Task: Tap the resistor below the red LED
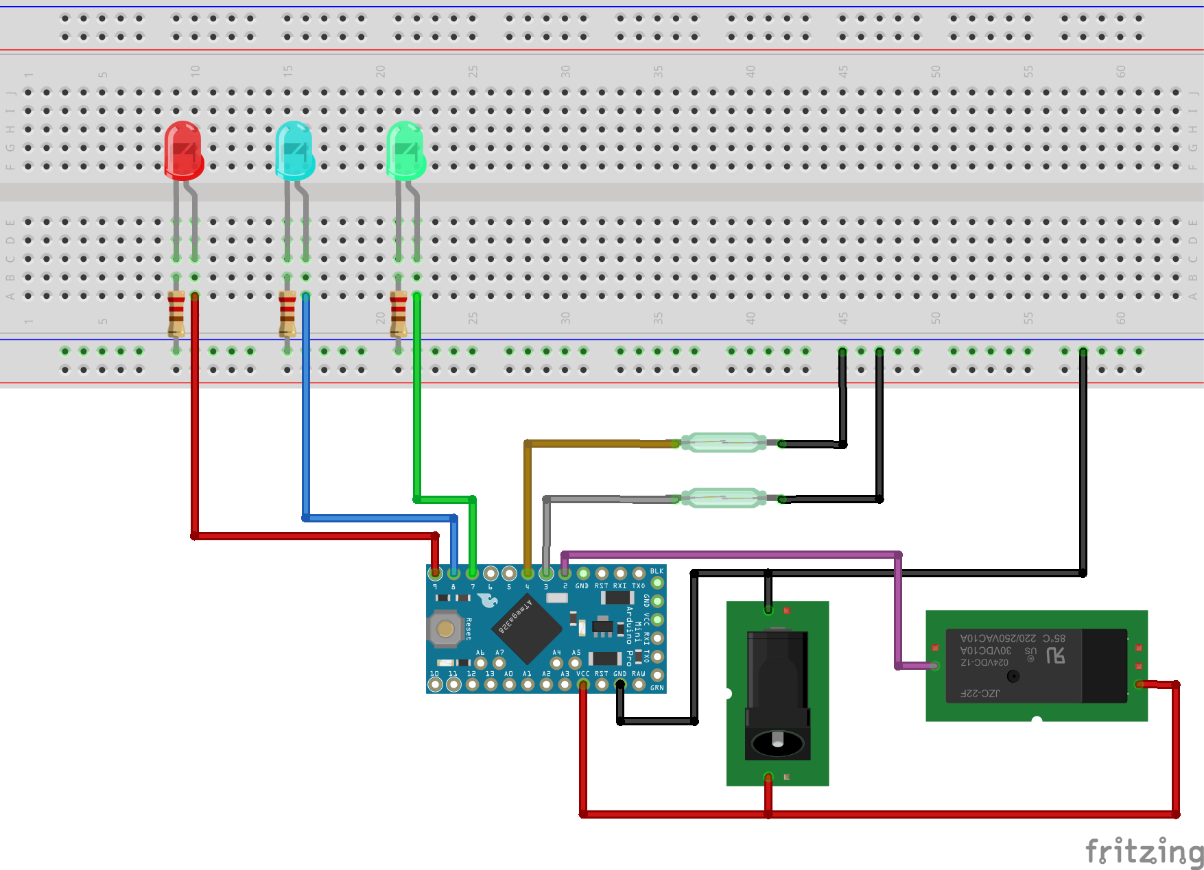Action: pos(176,314)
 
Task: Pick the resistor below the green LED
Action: pos(399,314)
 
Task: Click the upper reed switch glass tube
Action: pos(724,443)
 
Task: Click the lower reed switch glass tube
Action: pos(724,498)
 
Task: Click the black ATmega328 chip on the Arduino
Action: pos(526,629)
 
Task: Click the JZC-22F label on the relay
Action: pos(980,693)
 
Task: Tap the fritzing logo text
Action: pos(1144,851)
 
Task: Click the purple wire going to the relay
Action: pos(727,554)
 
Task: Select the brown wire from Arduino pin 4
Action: pos(528,507)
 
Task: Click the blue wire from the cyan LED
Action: pos(306,411)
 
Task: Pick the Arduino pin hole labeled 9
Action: pos(435,573)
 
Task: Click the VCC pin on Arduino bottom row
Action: pos(583,684)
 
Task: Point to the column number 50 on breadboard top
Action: pos(935,71)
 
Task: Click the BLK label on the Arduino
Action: pos(657,571)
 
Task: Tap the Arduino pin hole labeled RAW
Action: pos(639,684)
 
